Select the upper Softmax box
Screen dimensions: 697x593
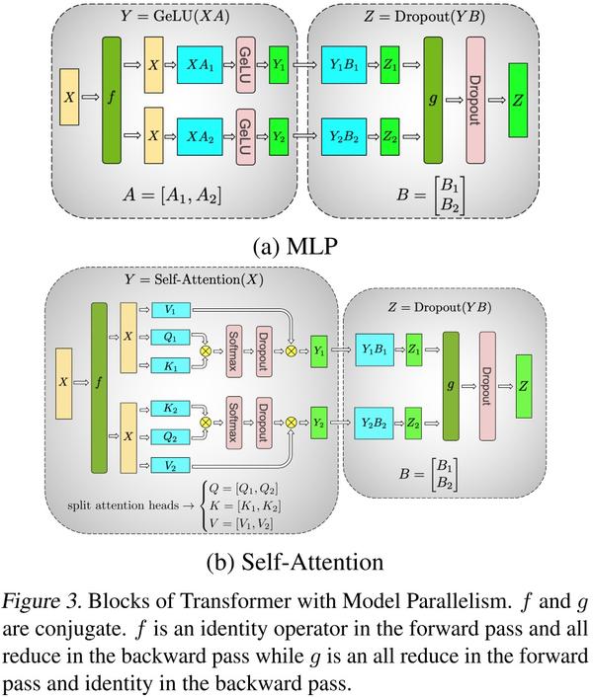point(235,350)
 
